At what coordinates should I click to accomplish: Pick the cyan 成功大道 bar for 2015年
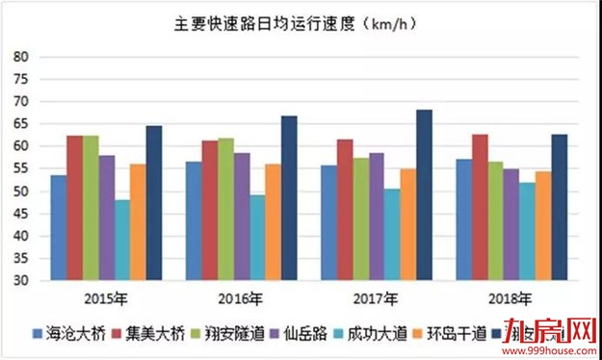point(122,240)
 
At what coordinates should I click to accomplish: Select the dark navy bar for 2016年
point(289,198)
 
